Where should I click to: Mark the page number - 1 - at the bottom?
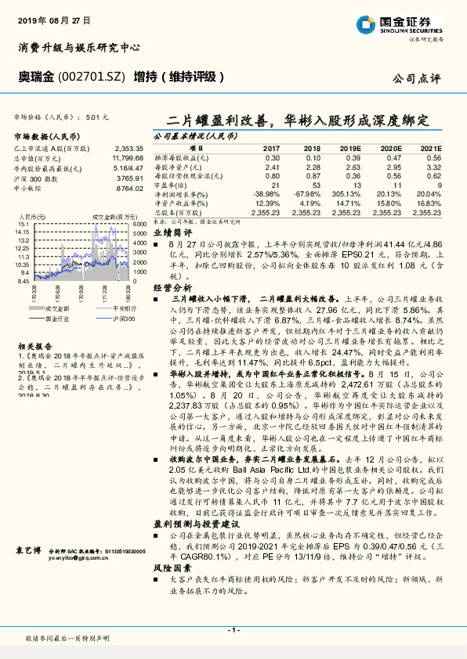(x=233, y=629)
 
